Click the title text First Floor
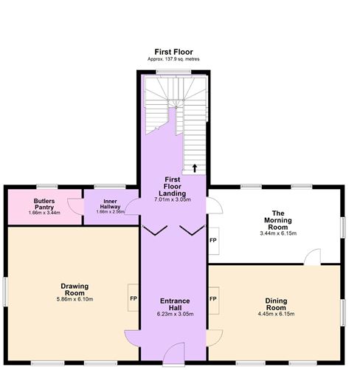173,52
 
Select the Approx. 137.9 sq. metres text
173,59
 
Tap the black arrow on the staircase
195,168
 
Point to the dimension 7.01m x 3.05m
173,199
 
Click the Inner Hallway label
110,203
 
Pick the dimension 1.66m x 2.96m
110,212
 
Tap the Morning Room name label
277,219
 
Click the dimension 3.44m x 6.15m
277,233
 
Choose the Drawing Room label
75,289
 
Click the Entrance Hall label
175,305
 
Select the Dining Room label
277,305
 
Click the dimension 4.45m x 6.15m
277,314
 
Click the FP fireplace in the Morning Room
213,241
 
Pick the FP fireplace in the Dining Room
213,299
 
